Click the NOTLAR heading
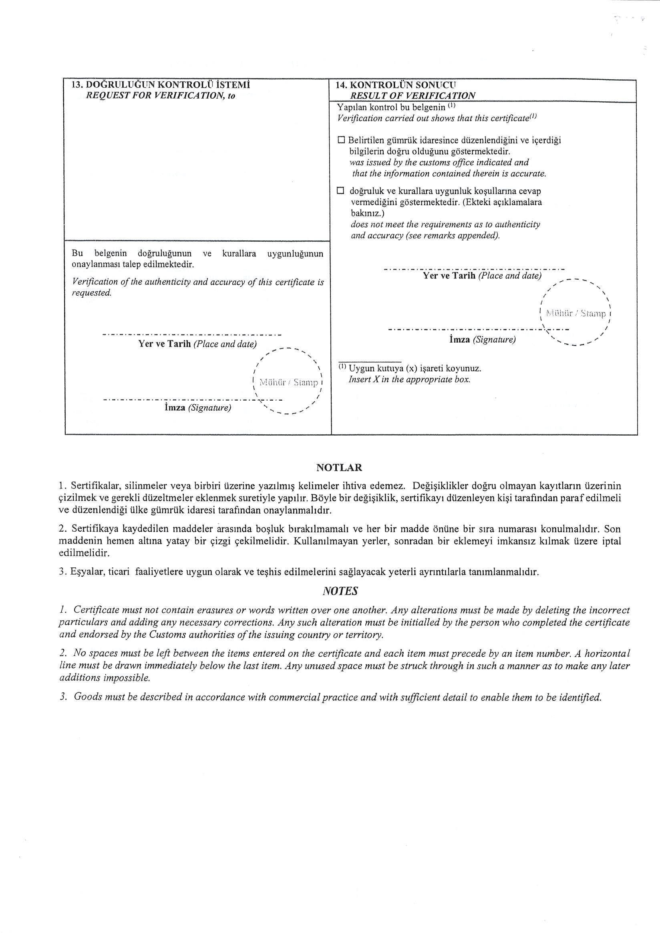339,468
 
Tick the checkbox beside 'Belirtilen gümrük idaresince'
341,140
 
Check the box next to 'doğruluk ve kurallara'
340,191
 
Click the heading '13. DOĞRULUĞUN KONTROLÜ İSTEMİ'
161,85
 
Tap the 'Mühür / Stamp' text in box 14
575,313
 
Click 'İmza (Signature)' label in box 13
197,407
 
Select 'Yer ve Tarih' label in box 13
165,344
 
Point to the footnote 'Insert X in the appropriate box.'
409,379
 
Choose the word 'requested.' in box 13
92,293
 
